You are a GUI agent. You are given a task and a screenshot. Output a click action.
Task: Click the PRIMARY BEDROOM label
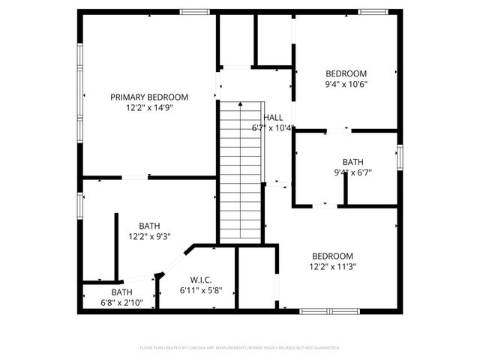tap(149, 97)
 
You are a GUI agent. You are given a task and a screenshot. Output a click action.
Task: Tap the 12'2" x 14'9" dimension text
tap(149, 108)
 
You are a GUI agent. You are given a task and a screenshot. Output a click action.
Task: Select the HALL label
tap(273, 118)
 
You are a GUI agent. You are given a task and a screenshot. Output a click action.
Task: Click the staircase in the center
tap(240, 172)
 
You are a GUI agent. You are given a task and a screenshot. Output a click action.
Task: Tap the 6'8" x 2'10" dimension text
tap(121, 303)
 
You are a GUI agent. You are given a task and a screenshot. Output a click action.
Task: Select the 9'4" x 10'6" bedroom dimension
tap(346, 84)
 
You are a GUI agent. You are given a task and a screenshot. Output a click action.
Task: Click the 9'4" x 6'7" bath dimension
tap(352, 172)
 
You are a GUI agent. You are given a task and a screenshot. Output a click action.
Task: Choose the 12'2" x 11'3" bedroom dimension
tap(332, 266)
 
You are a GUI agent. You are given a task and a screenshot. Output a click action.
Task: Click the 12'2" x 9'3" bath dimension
tap(149, 236)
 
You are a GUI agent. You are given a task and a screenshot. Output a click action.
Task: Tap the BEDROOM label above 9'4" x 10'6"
tap(346, 73)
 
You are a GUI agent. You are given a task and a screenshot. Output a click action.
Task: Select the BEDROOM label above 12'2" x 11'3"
tap(332, 256)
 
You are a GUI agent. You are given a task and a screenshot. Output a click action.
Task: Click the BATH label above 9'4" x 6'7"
tap(352, 162)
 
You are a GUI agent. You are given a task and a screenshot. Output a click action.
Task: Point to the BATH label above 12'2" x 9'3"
tap(149, 226)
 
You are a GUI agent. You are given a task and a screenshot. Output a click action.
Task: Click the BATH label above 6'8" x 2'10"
tap(121, 292)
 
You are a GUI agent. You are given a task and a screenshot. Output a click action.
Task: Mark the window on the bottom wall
tap(328, 311)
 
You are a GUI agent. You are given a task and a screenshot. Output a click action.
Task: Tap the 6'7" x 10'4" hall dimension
tap(272, 128)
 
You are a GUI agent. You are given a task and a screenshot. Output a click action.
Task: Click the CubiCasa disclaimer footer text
tap(240, 348)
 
